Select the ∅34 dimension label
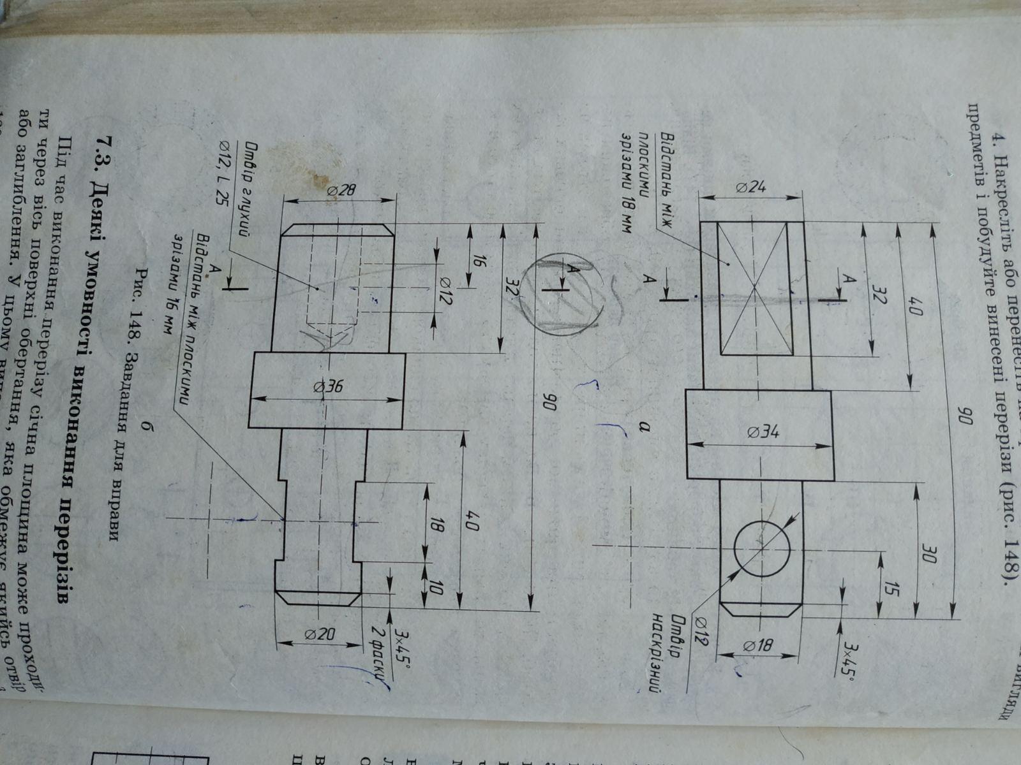tap(761, 433)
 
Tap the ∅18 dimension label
tap(758, 646)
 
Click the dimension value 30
tap(928, 556)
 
